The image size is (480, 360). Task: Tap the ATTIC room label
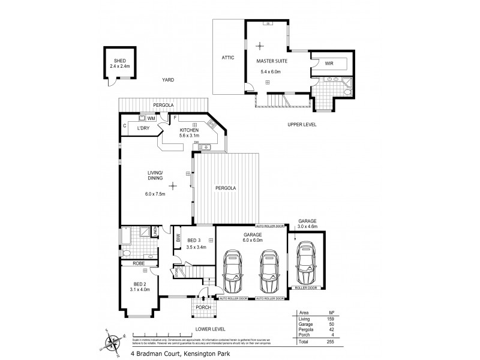point(228,58)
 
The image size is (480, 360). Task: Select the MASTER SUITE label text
point(271,61)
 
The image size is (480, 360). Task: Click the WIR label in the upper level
point(329,62)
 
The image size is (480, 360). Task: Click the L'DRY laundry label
point(143,128)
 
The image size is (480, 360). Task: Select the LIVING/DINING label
point(155,175)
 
